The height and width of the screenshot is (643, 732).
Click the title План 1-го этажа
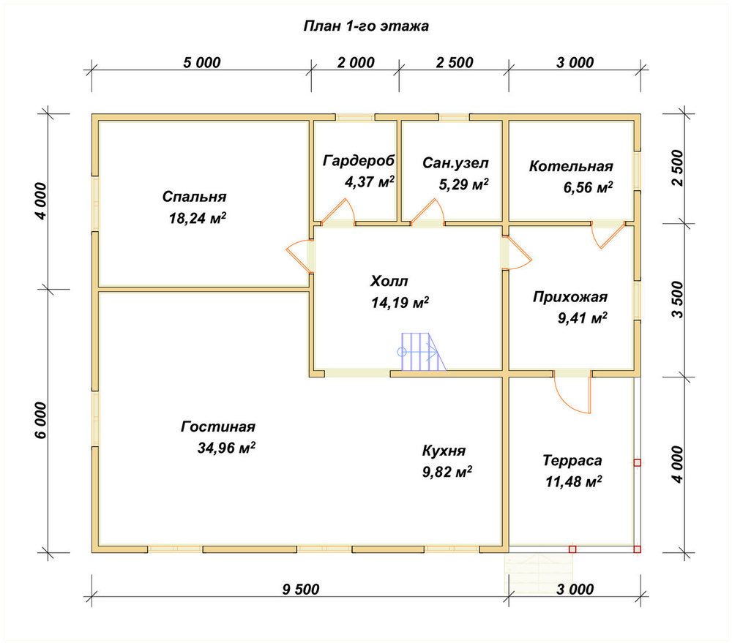coord(366,26)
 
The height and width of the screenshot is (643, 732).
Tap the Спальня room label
coord(194,197)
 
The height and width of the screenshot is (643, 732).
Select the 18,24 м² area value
coord(198,218)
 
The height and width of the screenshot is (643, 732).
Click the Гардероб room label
coord(359,161)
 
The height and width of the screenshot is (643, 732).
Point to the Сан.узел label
coord(455,163)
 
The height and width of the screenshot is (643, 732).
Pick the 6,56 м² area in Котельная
coord(589,187)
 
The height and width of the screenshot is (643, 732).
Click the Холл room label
coord(389,281)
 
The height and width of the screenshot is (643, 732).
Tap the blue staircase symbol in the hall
coord(421,352)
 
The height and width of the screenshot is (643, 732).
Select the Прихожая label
coord(570,297)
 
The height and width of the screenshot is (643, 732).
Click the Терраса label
coord(572,461)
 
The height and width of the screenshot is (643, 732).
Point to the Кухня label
coord(444,451)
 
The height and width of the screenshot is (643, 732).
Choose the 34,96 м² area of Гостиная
coord(226,448)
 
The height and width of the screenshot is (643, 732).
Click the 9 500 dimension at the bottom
coord(301,590)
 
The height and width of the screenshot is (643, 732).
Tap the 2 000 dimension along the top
coord(356,62)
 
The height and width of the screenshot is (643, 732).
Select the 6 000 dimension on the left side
coord(41,420)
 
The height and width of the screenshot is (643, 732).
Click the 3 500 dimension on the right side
coord(677,299)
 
